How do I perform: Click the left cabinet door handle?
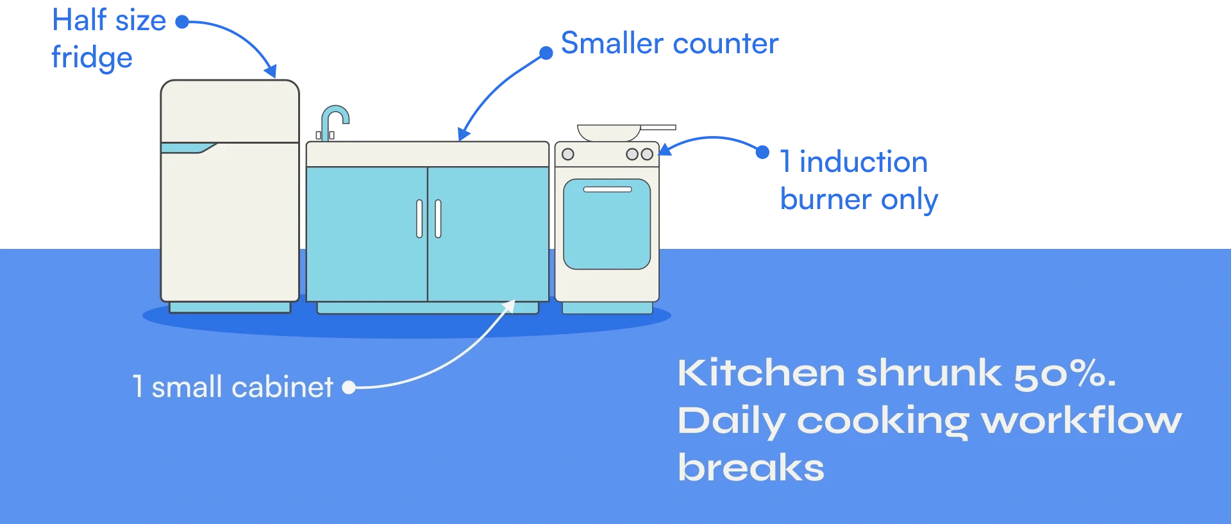(419, 219)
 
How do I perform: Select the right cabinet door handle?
(438, 219)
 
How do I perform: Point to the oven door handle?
(607, 189)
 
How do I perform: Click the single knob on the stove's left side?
(567, 155)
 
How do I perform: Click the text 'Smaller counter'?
(669, 44)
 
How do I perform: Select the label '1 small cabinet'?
(233, 387)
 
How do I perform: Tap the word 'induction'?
(864, 162)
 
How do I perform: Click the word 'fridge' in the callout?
(92, 59)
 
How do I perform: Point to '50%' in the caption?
(1064, 373)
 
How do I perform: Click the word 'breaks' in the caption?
(751, 468)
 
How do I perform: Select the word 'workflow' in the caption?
(1082, 421)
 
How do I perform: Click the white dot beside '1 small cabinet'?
(348, 387)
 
